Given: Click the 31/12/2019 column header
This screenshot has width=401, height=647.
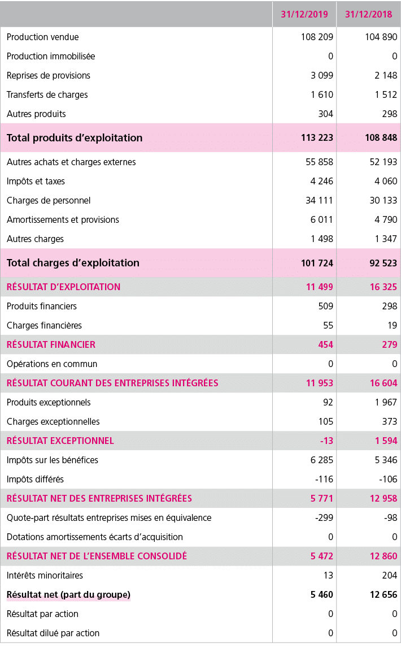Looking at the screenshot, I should (304, 14).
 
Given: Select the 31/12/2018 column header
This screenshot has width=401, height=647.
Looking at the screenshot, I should (368, 14).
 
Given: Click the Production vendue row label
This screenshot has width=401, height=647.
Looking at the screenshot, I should (43, 37).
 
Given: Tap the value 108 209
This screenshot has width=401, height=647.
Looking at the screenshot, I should (317, 37).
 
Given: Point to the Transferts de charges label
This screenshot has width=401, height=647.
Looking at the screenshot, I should (47, 95).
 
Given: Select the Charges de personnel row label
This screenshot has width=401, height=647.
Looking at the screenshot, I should (49, 201).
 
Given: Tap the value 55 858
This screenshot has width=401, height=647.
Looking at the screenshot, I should (319, 162).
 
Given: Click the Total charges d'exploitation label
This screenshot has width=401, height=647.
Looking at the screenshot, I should (73, 263).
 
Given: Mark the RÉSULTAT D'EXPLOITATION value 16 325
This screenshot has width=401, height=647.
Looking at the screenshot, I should (383, 287).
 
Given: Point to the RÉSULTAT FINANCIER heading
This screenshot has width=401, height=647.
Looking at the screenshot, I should (51, 345).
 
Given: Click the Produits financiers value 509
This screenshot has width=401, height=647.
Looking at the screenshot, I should (325, 307).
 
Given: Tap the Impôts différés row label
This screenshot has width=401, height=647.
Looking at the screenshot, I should (35, 480).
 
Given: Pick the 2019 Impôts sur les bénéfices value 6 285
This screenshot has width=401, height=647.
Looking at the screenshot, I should (322, 460).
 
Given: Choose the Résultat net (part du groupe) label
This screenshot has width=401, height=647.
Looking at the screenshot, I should (68, 595).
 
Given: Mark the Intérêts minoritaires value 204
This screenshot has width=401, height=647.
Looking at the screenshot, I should (389, 576).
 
